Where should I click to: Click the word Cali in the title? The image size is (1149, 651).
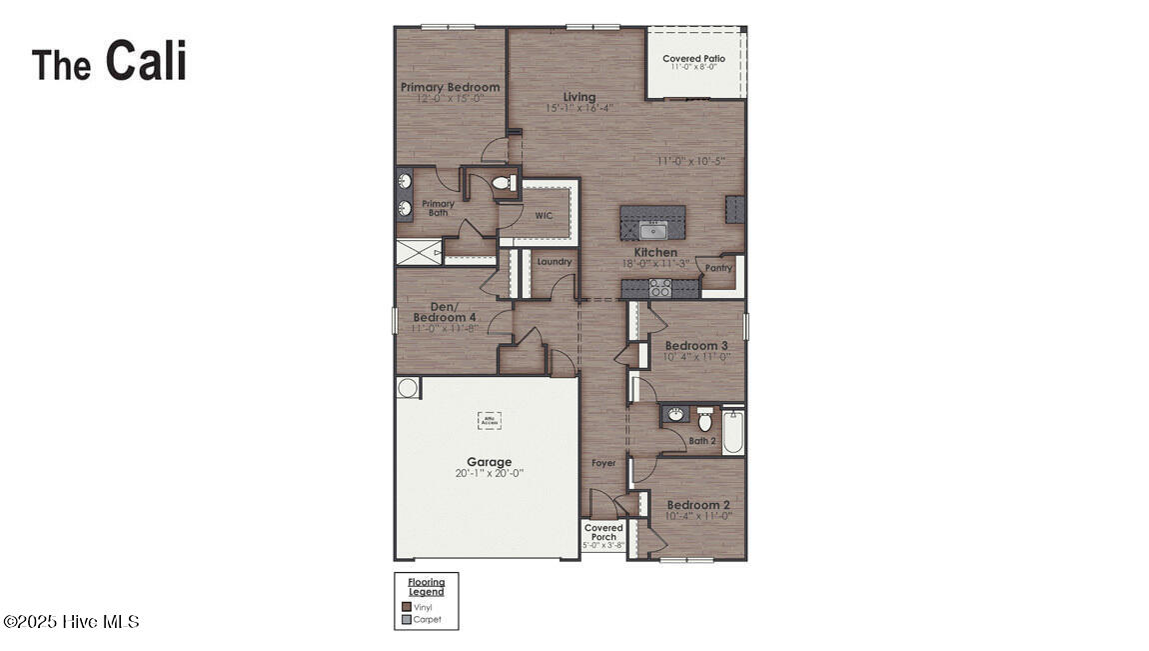click(146, 61)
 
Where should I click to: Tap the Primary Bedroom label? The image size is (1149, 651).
click(450, 87)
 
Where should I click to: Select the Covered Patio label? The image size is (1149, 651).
click(693, 59)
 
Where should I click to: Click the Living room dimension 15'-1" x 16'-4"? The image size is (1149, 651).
click(578, 108)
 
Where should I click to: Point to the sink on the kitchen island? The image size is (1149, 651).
click(651, 231)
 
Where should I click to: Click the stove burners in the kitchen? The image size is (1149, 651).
click(660, 288)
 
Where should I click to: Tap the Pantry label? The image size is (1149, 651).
click(718, 268)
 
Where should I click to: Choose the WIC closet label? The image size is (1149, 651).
click(544, 215)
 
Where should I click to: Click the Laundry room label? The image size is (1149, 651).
click(555, 262)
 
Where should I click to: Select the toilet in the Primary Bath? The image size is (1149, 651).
click(502, 183)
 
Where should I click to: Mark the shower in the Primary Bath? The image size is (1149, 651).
click(419, 253)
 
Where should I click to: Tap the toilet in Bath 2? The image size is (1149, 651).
click(704, 419)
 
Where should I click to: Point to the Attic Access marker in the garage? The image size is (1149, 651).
click(489, 420)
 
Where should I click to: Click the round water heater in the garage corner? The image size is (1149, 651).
click(408, 387)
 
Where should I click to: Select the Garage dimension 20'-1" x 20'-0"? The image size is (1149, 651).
click(489, 473)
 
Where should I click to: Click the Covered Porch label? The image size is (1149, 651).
click(603, 532)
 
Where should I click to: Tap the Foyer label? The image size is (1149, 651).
click(602, 463)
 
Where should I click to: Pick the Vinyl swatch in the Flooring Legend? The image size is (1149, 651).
click(407, 606)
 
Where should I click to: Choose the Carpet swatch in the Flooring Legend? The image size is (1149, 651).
click(407, 619)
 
